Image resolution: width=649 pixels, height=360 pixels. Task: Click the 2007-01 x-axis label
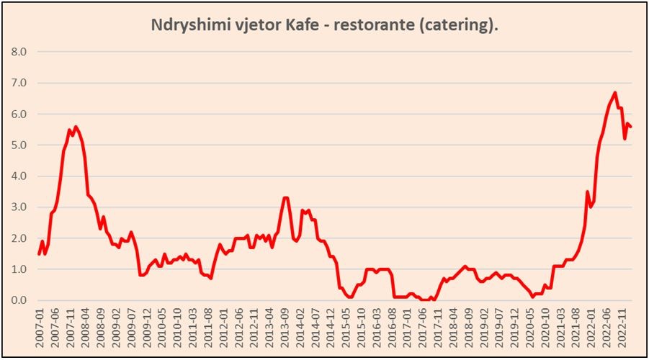40,325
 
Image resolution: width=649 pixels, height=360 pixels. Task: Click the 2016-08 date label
393,325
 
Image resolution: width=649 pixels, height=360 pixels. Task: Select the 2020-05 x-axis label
532,325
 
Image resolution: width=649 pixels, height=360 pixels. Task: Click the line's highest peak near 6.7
614,92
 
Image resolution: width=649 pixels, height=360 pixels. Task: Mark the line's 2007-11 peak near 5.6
76,127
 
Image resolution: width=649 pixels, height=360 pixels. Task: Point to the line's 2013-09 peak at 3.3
286,197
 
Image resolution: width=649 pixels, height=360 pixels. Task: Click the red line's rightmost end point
631,127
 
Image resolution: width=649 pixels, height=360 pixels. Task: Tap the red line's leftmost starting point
39,253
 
